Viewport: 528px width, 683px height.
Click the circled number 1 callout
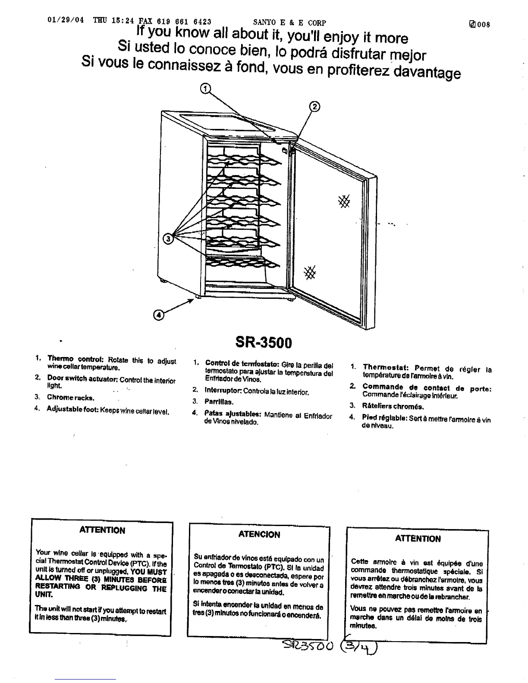pos(206,89)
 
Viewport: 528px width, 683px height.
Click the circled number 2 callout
pos(315,107)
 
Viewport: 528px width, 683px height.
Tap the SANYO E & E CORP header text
pos(289,22)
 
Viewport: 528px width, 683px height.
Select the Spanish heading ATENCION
pos(259,535)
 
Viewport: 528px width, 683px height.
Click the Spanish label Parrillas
pos(219,402)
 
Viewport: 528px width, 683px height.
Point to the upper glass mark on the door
pos(344,201)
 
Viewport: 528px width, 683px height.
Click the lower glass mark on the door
pos(310,272)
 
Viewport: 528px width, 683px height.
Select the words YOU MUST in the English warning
pos(148,571)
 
